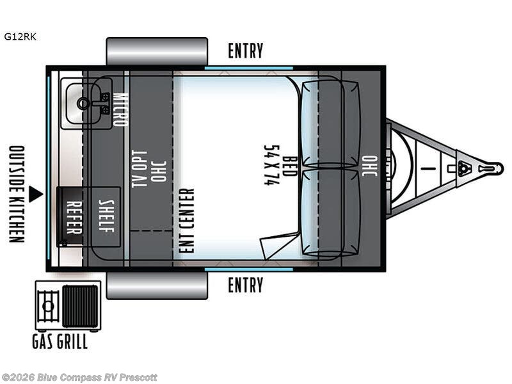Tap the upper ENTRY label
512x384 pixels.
(246, 51)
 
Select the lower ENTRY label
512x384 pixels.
(246, 285)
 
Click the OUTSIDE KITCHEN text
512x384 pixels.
(17, 195)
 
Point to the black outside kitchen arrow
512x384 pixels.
(36, 194)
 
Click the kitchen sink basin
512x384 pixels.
(84, 103)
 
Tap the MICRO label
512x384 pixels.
(120, 109)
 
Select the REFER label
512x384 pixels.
(74, 216)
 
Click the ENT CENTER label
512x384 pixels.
(187, 220)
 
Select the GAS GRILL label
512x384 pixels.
(60, 341)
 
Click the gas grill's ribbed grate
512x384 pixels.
(80, 306)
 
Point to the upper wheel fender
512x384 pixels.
(157, 51)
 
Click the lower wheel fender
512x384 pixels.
(157, 285)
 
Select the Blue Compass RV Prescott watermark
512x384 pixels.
(79, 378)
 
